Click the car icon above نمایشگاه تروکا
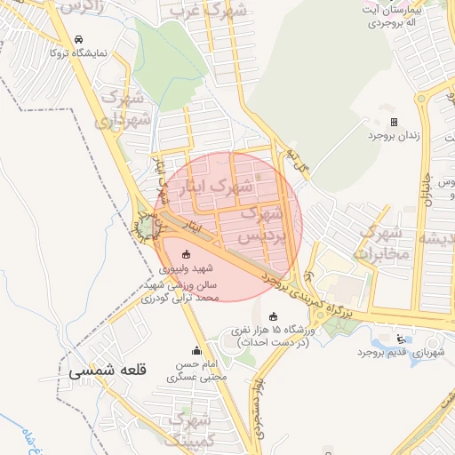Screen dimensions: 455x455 click(x=79, y=40)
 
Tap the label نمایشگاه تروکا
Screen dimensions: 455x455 click(x=78, y=53)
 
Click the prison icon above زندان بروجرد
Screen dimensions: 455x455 click(x=395, y=122)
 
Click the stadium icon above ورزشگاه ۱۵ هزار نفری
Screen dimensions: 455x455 click(x=273, y=316)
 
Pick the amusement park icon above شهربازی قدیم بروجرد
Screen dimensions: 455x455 click(x=399, y=339)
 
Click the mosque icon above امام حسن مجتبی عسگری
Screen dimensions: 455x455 click(x=197, y=351)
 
